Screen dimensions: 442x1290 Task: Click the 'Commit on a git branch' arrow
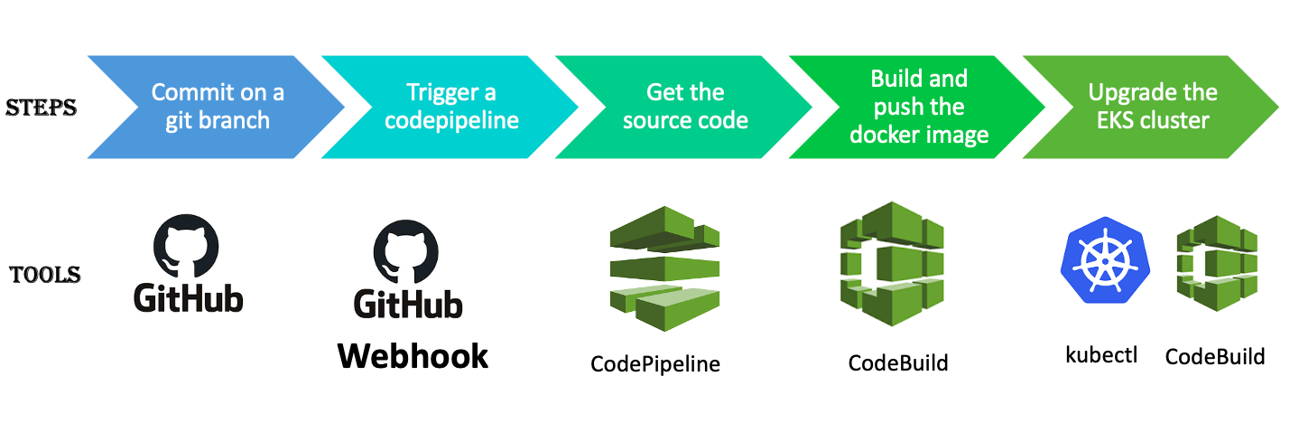[x=217, y=107]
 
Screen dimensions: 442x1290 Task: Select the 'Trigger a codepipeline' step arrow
[x=451, y=107]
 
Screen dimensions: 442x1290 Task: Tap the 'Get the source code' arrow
[x=684, y=107]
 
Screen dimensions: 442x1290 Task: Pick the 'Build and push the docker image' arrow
[x=918, y=107]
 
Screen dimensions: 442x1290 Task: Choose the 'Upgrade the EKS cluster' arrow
[x=1152, y=107]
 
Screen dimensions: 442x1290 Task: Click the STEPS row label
[x=42, y=108]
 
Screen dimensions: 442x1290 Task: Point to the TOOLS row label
[x=45, y=275]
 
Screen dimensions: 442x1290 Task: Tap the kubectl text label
[x=1101, y=353]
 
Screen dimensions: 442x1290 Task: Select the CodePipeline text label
[x=655, y=363]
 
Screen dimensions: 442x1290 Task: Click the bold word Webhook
[x=413, y=355]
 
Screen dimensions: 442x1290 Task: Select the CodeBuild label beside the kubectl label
[x=1214, y=356]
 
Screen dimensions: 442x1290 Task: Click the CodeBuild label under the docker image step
[x=898, y=363]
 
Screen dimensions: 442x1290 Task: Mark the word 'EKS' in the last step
[x=1116, y=120]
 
